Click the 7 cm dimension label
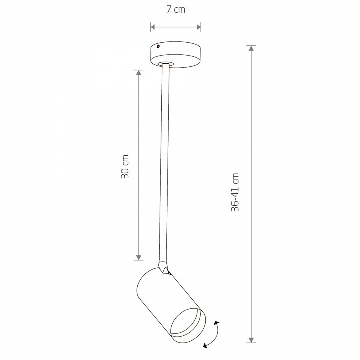(x=176, y=10)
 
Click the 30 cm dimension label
(x=125, y=167)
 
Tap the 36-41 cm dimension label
(x=235, y=192)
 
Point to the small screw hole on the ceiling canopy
(x=158, y=47)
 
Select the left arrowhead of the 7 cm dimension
(x=153, y=27)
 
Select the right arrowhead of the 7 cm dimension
(x=198, y=27)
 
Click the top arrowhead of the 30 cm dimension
(x=138, y=73)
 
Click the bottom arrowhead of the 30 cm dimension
(x=138, y=257)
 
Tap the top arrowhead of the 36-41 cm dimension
(x=251, y=48)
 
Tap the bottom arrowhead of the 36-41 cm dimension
(x=251, y=340)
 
